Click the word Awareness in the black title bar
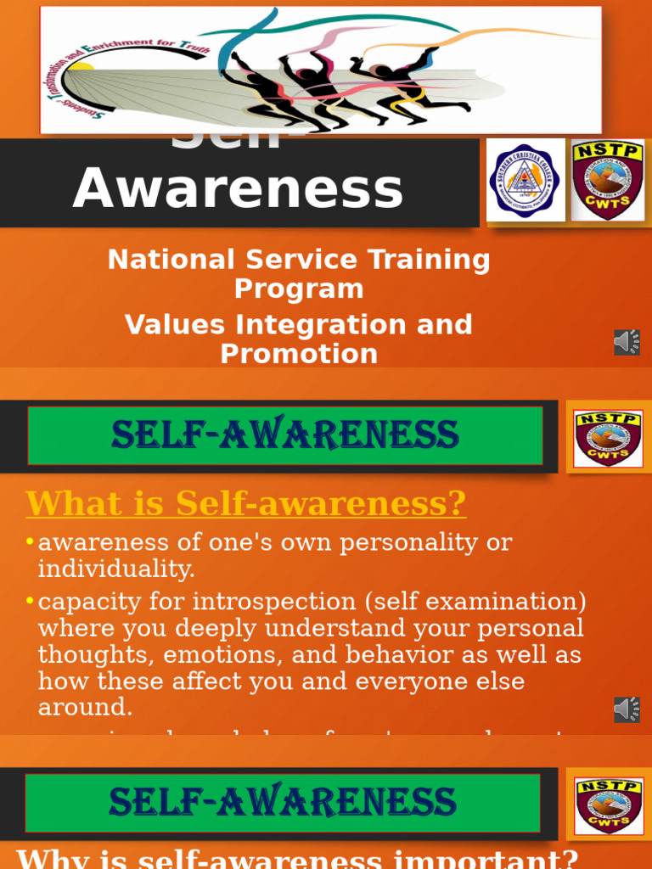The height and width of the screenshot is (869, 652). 238,188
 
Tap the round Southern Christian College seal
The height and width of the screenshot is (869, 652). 526,181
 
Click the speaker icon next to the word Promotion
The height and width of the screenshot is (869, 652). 627,342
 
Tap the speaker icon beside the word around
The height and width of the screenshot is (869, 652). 627,709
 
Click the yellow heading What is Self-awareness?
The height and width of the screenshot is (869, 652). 246,503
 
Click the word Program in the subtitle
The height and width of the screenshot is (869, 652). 299,289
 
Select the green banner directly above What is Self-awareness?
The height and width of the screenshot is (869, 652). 285,435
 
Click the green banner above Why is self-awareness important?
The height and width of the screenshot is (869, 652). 283,803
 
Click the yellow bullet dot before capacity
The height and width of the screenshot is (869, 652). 31,602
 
